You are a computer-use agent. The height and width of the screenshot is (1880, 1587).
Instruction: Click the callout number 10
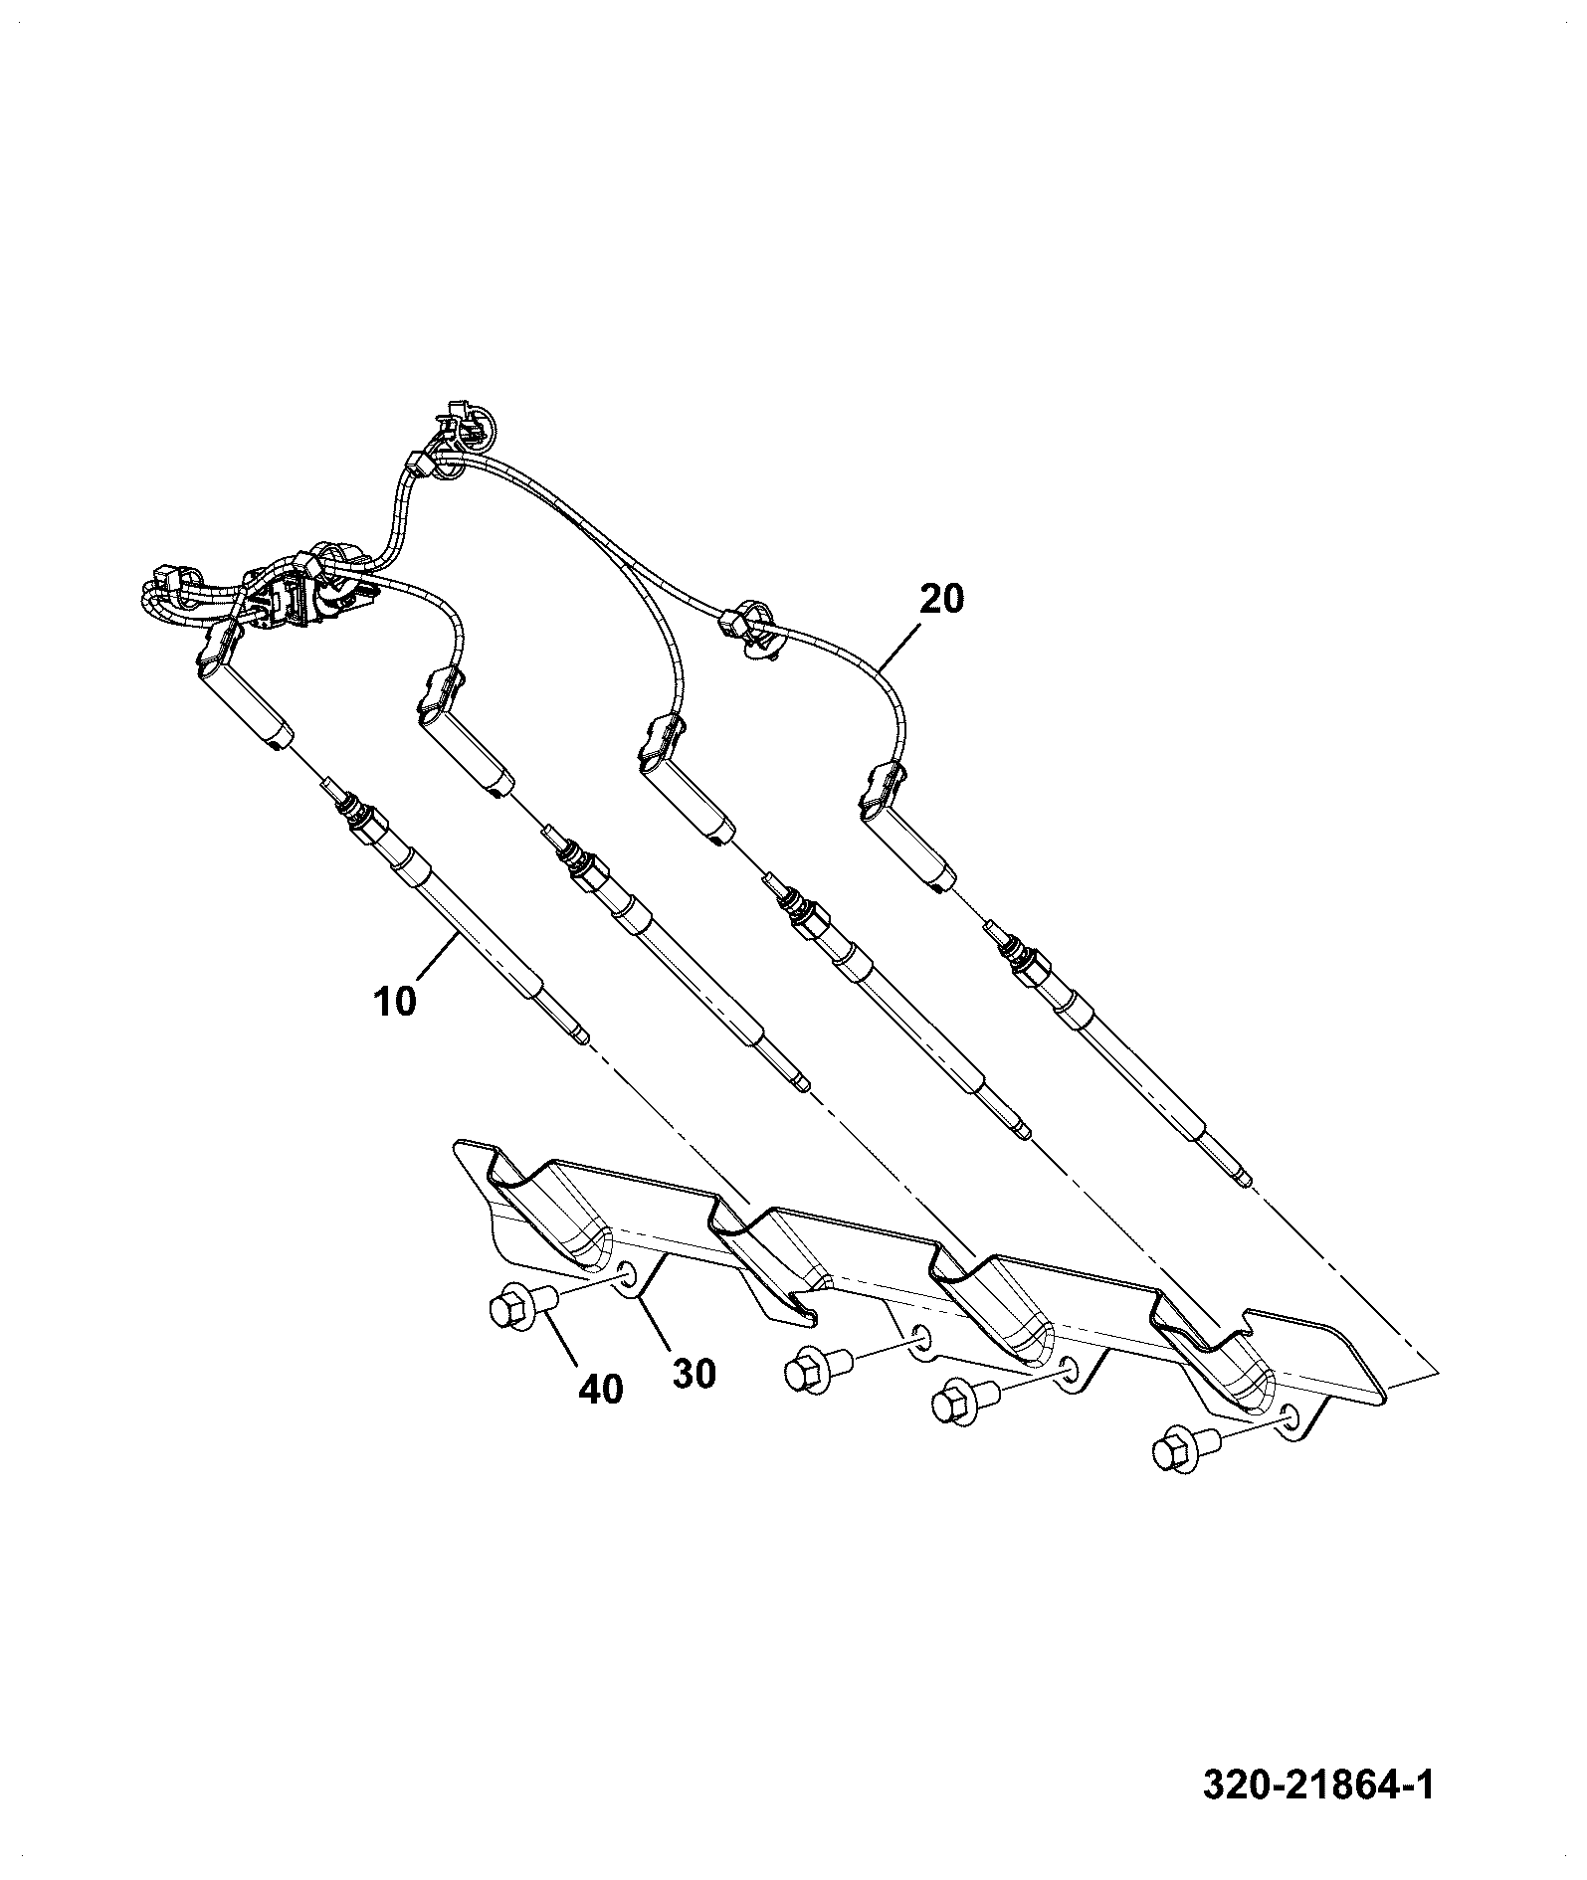click(x=395, y=1000)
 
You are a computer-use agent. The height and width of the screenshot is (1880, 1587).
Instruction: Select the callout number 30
click(x=694, y=1374)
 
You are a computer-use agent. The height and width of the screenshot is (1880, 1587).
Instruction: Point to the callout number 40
click(x=600, y=1389)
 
